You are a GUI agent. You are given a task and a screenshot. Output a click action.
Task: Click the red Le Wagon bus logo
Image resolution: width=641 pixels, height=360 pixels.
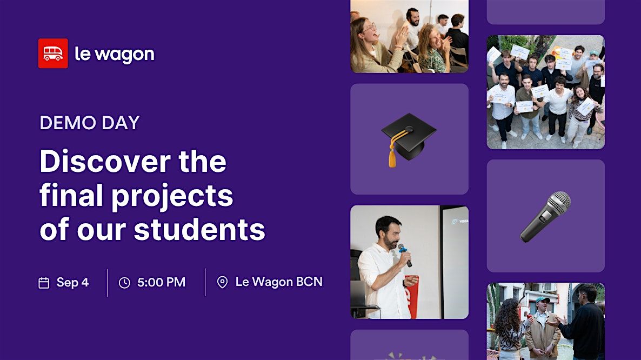53,54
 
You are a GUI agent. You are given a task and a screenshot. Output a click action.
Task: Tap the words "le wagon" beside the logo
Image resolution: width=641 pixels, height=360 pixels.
115,55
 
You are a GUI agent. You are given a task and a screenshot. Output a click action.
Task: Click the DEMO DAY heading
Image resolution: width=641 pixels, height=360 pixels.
90,123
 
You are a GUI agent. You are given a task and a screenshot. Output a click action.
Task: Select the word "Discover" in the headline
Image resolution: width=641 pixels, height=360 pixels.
105,161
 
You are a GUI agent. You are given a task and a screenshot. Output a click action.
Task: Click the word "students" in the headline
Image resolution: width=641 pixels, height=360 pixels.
199,229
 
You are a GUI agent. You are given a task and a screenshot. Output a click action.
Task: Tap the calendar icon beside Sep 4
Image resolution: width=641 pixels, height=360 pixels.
44,283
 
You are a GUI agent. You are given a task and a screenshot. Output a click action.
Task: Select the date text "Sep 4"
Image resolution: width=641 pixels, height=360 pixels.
72,282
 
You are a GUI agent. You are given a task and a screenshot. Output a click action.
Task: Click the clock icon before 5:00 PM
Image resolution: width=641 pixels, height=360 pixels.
124,283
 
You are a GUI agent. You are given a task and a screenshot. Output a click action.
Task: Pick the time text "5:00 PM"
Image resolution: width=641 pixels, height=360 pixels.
161,282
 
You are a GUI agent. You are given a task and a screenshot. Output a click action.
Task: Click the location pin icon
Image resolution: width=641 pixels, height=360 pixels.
222,282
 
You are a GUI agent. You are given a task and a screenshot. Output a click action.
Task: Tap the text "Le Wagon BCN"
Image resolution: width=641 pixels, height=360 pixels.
279,282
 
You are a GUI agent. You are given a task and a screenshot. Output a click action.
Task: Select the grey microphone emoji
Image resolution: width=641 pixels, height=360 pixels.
545,217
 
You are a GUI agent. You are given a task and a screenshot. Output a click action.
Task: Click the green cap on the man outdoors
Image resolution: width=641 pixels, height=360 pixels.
543,301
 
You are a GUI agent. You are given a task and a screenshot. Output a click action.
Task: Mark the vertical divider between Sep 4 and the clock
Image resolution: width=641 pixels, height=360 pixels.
107,282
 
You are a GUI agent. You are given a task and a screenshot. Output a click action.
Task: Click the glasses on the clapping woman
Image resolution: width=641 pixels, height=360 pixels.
370,28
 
